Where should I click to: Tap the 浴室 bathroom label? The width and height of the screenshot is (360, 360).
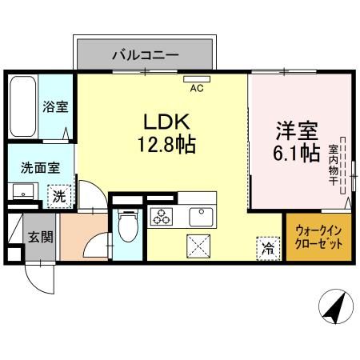54,106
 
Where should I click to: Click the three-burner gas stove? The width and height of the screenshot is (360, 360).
162,216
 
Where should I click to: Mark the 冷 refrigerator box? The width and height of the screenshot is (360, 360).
266,248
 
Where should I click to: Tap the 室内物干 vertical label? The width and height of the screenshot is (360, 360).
334,164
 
